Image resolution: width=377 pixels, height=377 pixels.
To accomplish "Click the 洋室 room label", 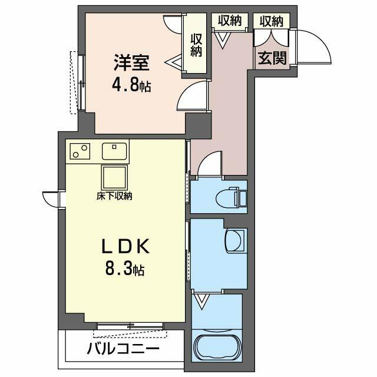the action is tap(132, 63).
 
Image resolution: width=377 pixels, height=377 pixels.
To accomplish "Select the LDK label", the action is tap(125, 246).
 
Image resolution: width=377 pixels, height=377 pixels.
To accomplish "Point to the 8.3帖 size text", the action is tap(125, 269).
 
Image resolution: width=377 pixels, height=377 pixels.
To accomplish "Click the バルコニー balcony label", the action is tap(123, 349).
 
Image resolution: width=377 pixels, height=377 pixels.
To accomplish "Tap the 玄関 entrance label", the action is tap(272, 58).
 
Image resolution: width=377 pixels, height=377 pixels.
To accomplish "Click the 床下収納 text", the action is tap(114, 196).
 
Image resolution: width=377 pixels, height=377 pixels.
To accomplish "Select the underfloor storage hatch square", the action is tap(114, 178).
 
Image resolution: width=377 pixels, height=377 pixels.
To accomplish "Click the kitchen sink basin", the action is tap(114, 151).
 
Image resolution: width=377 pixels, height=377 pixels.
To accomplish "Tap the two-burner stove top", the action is tap(80, 151).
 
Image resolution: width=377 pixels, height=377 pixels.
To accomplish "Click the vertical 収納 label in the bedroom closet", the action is tap(196, 45).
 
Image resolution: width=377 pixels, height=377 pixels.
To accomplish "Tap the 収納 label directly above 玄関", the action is tap(272, 21).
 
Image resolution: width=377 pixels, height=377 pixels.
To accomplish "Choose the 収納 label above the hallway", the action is tap(230, 21).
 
